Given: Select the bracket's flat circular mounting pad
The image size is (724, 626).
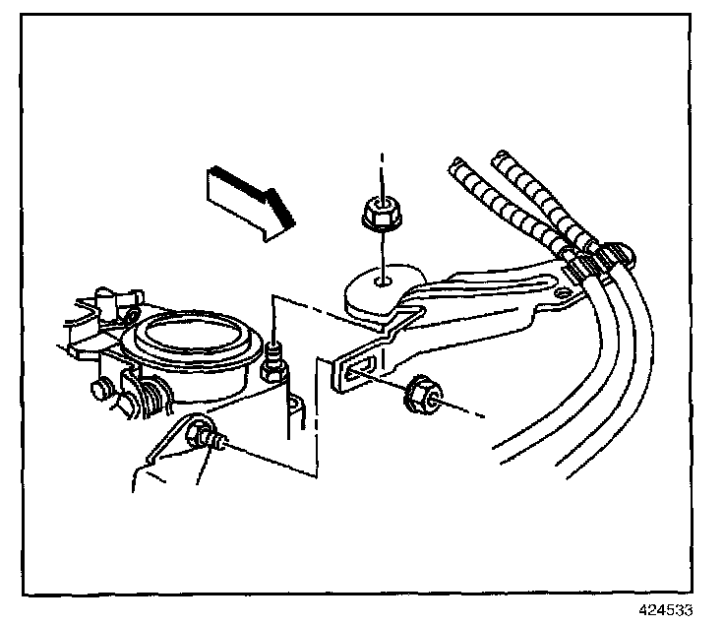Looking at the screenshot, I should point(379,289).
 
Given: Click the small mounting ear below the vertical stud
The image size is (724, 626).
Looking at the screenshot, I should point(292,405).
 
